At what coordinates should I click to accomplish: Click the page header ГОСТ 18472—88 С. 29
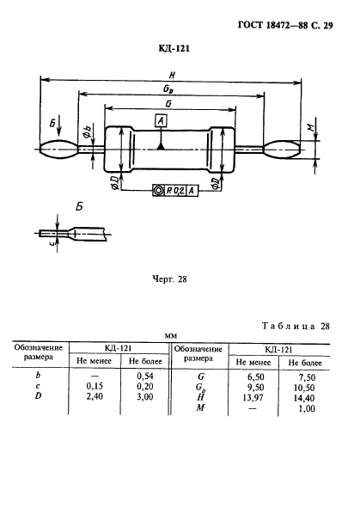pyautogui.click(x=285, y=26)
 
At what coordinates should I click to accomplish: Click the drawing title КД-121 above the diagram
pyautogui.click(x=174, y=49)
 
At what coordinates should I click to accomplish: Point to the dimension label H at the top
pyautogui.click(x=172, y=75)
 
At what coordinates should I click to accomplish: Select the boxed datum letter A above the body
pyautogui.click(x=161, y=120)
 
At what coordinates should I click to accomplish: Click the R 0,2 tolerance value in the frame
pyautogui.click(x=175, y=191)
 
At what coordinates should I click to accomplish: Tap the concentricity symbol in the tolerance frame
pyautogui.click(x=158, y=191)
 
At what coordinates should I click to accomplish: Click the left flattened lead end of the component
pyautogui.click(x=58, y=150)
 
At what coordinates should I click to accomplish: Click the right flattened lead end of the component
pyautogui.click(x=283, y=150)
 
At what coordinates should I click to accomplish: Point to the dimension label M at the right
pyautogui.click(x=310, y=127)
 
